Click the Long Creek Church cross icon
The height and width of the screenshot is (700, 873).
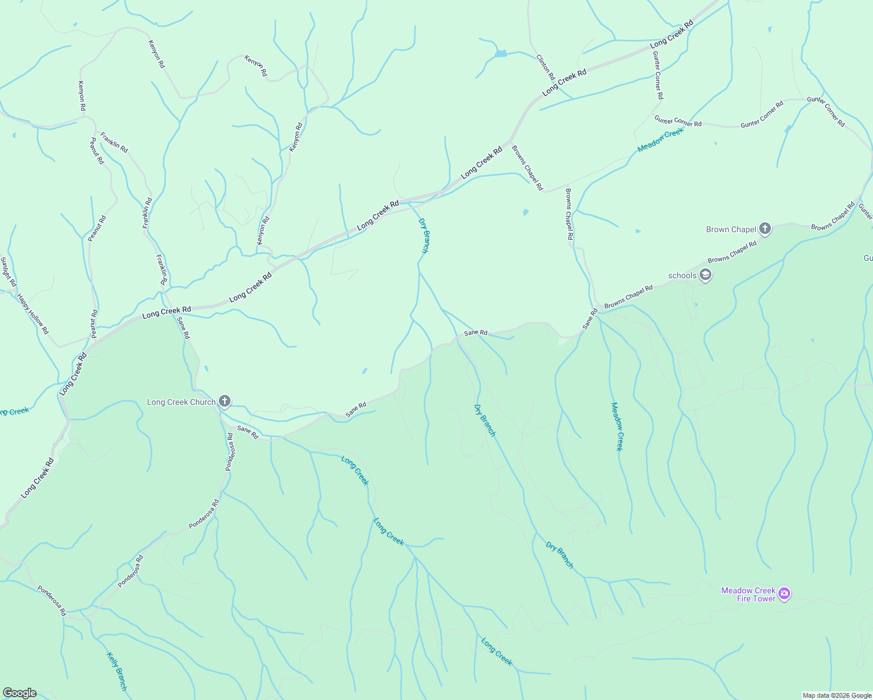point(225,401)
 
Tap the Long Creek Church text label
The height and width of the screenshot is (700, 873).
point(181,402)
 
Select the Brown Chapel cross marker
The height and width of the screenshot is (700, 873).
point(765,229)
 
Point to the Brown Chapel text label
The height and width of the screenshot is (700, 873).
point(731,229)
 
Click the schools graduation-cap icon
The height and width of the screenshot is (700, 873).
point(706,275)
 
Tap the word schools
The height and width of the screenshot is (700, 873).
point(682,275)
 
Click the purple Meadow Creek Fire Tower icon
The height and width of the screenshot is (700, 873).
point(785,594)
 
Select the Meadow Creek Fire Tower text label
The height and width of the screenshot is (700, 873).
point(748,594)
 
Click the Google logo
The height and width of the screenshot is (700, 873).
point(19,693)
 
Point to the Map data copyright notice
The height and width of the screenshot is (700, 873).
point(836,695)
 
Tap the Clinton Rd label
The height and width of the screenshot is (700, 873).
point(546,67)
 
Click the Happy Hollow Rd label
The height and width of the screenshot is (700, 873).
point(33,314)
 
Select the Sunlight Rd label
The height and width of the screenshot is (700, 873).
point(8,272)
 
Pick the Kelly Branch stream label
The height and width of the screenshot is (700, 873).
point(117,671)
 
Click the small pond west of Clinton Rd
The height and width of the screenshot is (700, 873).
point(500,54)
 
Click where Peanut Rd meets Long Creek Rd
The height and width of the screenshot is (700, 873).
point(92,338)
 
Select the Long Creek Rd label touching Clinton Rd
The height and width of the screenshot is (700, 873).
point(564,83)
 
